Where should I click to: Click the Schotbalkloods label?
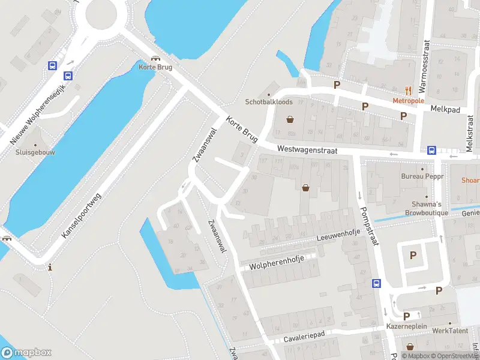click(268, 101)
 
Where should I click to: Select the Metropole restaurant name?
click(409, 100)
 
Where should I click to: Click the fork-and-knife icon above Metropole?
click(409, 91)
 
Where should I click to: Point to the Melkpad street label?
click(445, 109)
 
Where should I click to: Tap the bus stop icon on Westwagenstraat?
click(431, 151)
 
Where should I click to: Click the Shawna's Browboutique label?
click(427, 208)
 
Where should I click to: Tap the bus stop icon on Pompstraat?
click(377, 284)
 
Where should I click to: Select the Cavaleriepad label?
click(304, 338)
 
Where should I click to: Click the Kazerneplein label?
click(406, 326)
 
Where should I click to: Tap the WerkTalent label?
click(449, 331)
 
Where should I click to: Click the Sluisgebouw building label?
click(35, 152)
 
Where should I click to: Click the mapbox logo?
click(26, 353)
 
